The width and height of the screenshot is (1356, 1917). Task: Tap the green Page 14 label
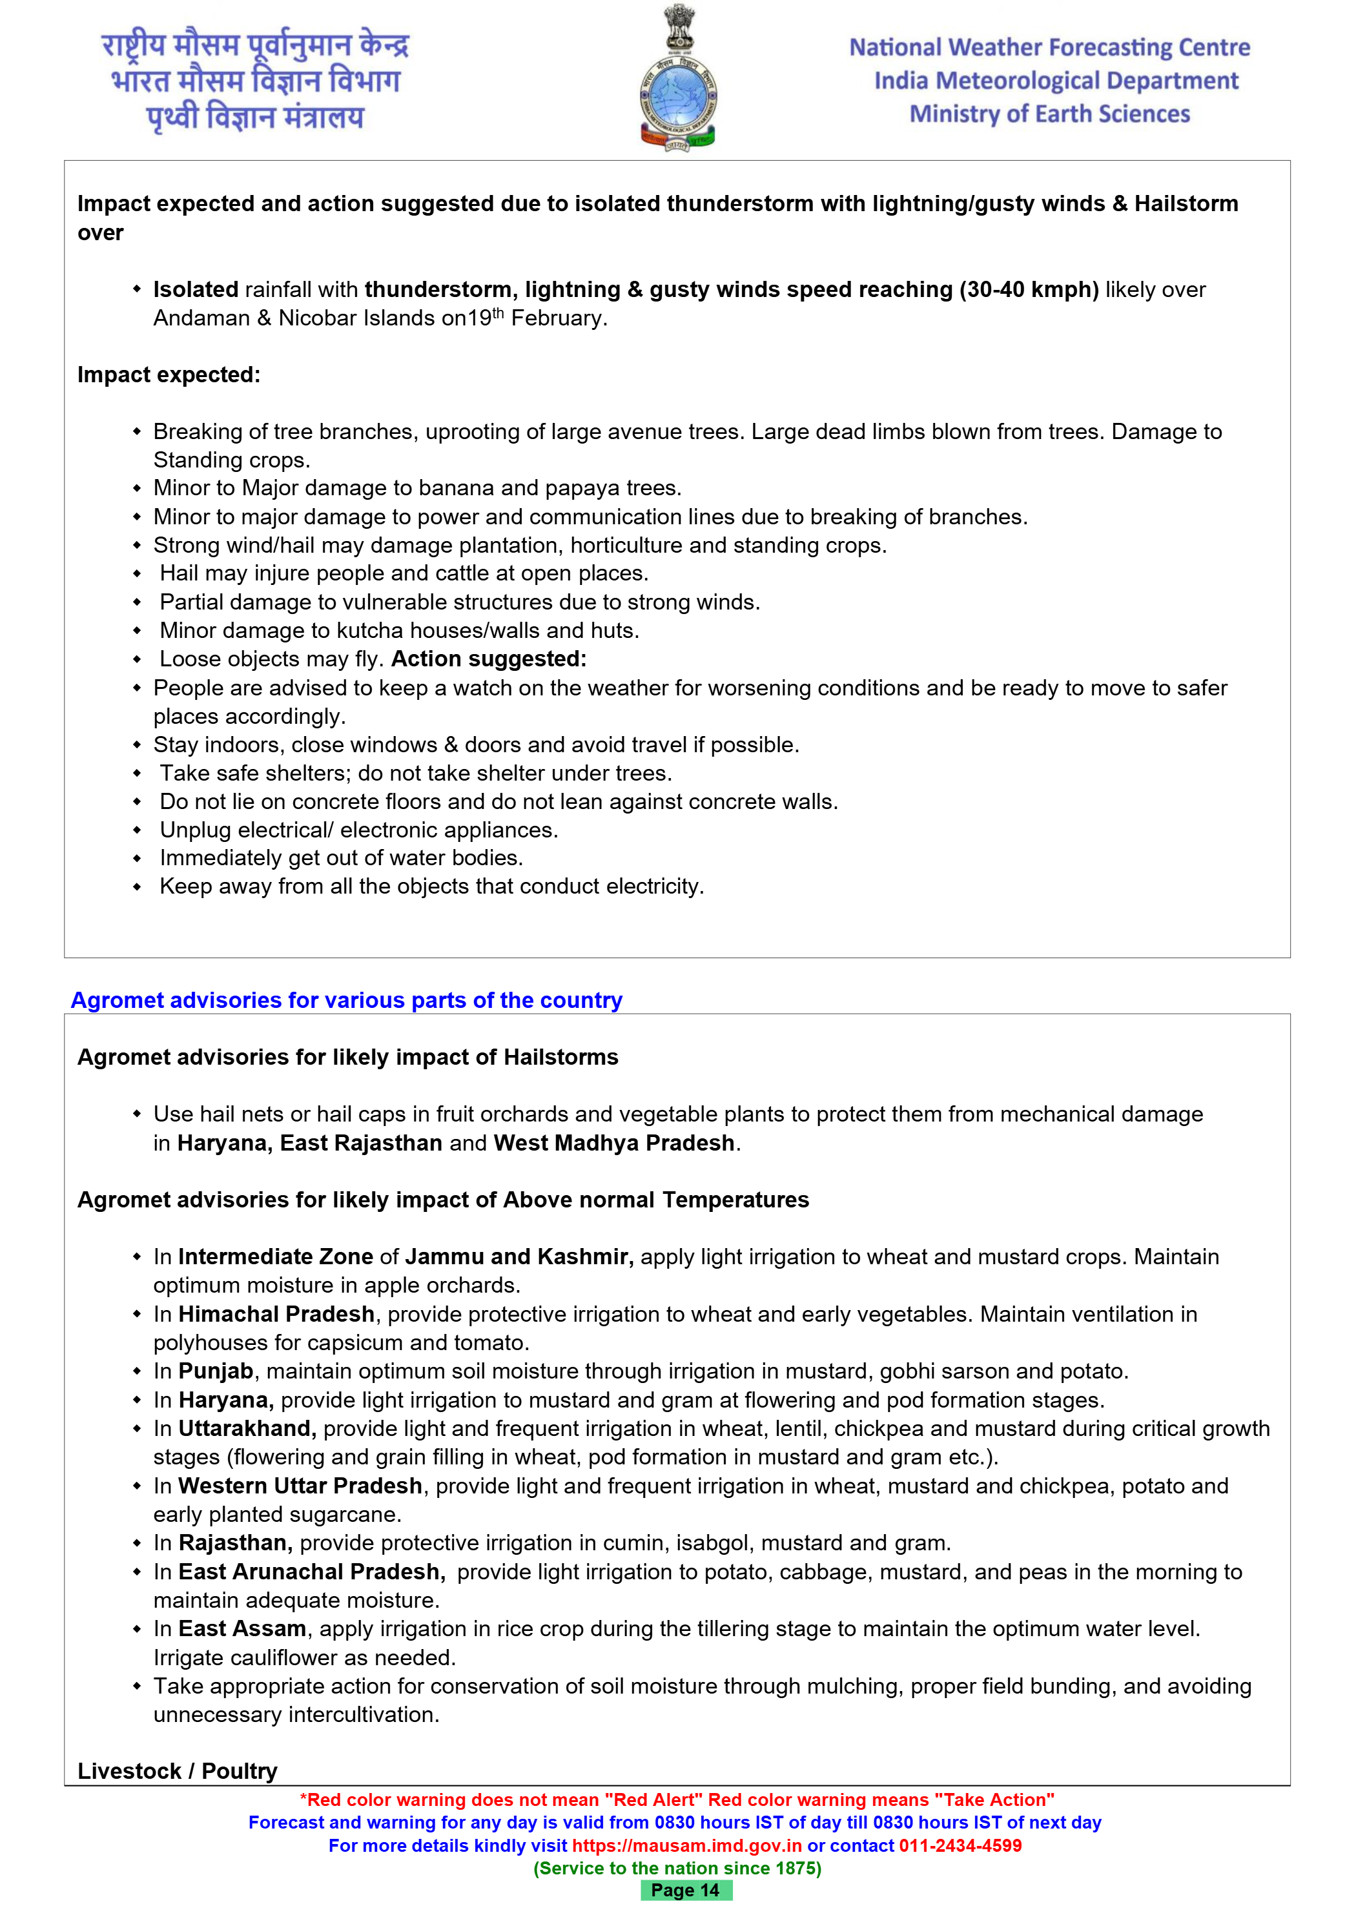686,1891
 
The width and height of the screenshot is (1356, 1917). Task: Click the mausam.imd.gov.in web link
686,1845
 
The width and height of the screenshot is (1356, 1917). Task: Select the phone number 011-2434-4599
960,1845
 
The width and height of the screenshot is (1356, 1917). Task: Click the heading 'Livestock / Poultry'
177,1771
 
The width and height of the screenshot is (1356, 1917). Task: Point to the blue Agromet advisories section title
347,1000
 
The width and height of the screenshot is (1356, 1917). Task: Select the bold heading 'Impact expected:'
169,375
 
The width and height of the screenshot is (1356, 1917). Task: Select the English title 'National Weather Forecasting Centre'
1049,48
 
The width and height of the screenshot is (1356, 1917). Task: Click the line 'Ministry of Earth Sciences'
1049,114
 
